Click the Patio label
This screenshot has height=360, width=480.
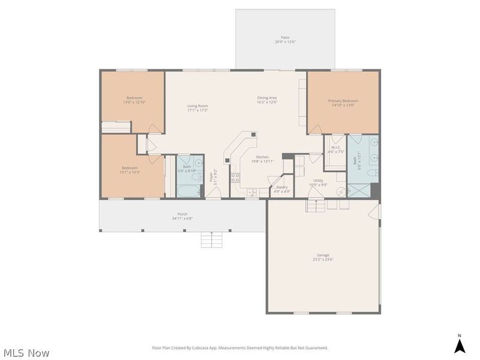tap(285, 37)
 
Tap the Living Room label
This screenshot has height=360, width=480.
tap(197, 106)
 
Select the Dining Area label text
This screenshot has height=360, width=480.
tap(267, 98)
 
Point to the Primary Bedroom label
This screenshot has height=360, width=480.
tap(343, 101)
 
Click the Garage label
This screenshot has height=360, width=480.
tap(323, 255)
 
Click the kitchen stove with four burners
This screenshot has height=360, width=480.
tap(236, 178)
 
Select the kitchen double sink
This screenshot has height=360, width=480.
tap(251, 192)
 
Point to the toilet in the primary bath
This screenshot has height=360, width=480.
tap(373, 173)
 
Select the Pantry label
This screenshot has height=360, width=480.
tap(282, 187)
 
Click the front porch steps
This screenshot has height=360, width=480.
tap(211, 239)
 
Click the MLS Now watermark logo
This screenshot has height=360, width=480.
tap(25, 353)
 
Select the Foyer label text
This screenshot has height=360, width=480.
tap(211, 177)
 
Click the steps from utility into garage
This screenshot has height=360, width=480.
tap(317, 206)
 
